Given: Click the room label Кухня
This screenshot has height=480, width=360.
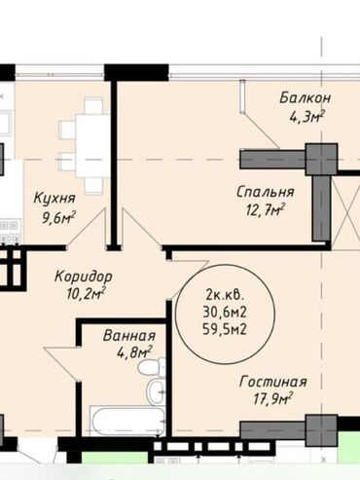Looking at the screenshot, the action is pyautogui.click(x=54, y=198).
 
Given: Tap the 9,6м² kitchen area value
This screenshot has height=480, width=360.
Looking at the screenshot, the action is pyautogui.click(x=58, y=217).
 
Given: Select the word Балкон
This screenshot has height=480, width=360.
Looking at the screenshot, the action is pyautogui.click(x=306, y=97).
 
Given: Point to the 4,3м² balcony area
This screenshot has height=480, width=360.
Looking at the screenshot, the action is pyautogui.click(x=306, y=117).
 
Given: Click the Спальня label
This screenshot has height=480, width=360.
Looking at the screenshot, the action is pyautogui.click(x=266, y=192).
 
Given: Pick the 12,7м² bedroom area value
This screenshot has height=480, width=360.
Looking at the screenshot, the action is pyautogui.click(x=266, y=210).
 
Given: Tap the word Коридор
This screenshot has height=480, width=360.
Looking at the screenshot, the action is pyautogui.click(x=84, y=277).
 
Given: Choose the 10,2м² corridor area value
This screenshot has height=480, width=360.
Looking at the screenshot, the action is pyautogui.click(x=86, y=294).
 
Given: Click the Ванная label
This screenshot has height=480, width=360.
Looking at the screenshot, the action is pyautogui.click(x=129, y=335).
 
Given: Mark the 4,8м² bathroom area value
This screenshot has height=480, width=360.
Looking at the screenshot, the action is pyautogui.click(x=134, y=352).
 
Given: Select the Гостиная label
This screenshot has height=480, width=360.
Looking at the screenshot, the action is pyautogui.click(x=272, y=382).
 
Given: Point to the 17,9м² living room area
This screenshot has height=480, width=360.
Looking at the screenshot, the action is pyautogui.click(x=272, y=399).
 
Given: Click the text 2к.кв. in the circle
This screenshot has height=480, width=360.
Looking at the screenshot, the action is pyautogui.click(x=225, y=295).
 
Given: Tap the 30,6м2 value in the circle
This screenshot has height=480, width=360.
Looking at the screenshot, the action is pyautogui.click(x=225, y=313).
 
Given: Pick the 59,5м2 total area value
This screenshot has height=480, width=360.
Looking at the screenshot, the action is pyautogui.click(x=225, y=329).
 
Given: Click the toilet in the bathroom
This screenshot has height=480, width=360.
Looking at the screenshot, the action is pyautogui.click(x=152, y=367).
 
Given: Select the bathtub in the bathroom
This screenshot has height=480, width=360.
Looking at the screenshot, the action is pyautogui.click(x=127, y=421).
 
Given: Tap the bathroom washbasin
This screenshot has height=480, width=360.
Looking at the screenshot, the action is pyautogui.click(x=156, y=391).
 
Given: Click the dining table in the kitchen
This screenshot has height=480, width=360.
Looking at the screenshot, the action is pyautogui.click(x=92, y=146).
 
